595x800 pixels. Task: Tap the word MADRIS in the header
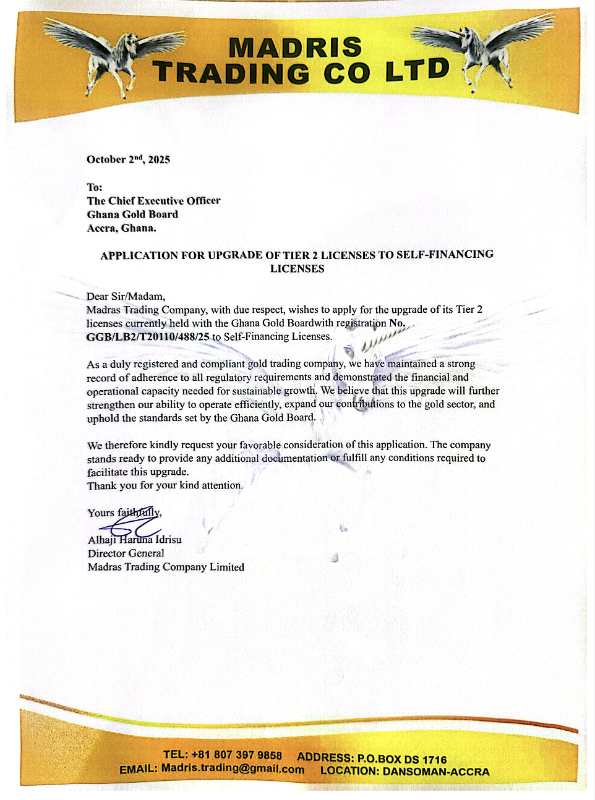[296, 48]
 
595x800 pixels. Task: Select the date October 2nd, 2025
[128, 160]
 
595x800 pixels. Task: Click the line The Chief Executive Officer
[153, 201]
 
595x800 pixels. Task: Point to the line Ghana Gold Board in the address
[132, 215]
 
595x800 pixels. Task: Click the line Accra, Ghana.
[121, 228]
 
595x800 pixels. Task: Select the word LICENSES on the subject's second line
[297, 269]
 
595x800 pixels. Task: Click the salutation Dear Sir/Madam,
[126, 296]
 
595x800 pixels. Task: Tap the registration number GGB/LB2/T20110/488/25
[148, 337]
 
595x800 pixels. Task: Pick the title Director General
[126, 553]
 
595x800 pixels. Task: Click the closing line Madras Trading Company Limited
[166, 567]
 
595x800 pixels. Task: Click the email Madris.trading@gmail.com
[233, 769]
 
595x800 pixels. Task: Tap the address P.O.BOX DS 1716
[401, 759]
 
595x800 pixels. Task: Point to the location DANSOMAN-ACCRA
[435, 772]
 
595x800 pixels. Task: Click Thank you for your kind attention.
[165, 485]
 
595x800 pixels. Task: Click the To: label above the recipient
[95, 187]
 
